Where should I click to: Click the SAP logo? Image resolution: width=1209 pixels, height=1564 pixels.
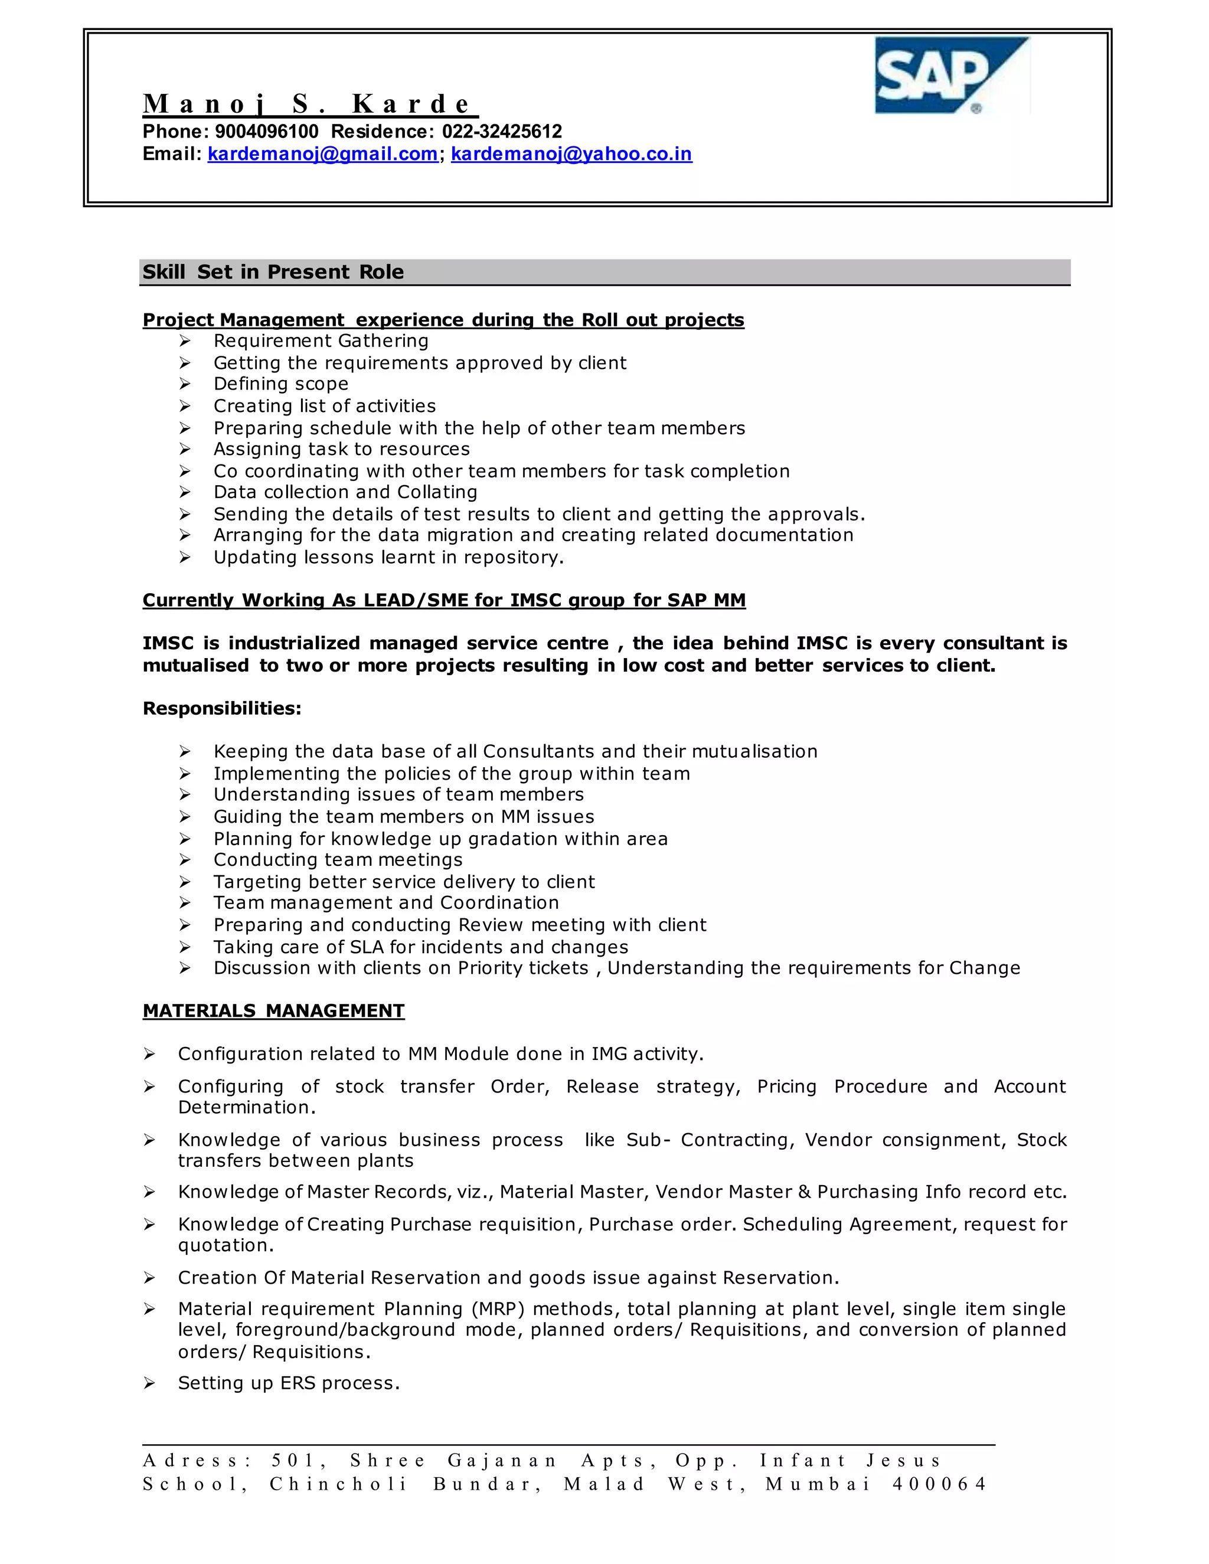951,76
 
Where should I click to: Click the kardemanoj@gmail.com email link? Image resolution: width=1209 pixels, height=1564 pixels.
322,154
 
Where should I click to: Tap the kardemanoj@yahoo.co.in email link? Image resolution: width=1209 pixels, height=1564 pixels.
571,154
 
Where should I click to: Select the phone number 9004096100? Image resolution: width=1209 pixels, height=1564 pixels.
266,132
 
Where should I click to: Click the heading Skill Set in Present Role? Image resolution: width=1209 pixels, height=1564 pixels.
273,272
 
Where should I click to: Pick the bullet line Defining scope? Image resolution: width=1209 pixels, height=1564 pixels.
281,384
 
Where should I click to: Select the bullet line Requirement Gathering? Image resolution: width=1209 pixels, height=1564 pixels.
321,341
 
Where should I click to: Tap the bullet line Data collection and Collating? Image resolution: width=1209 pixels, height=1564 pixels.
345,492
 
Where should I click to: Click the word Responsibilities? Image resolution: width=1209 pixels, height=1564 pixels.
222,708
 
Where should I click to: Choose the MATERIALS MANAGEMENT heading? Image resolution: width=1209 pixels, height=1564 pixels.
273,1010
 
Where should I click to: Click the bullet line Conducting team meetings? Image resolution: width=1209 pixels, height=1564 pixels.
338,859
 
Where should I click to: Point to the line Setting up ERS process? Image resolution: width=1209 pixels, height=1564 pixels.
289,1383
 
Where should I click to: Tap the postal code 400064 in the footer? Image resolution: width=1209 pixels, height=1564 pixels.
939,1484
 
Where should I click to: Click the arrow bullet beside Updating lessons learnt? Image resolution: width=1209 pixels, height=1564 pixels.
185,557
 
